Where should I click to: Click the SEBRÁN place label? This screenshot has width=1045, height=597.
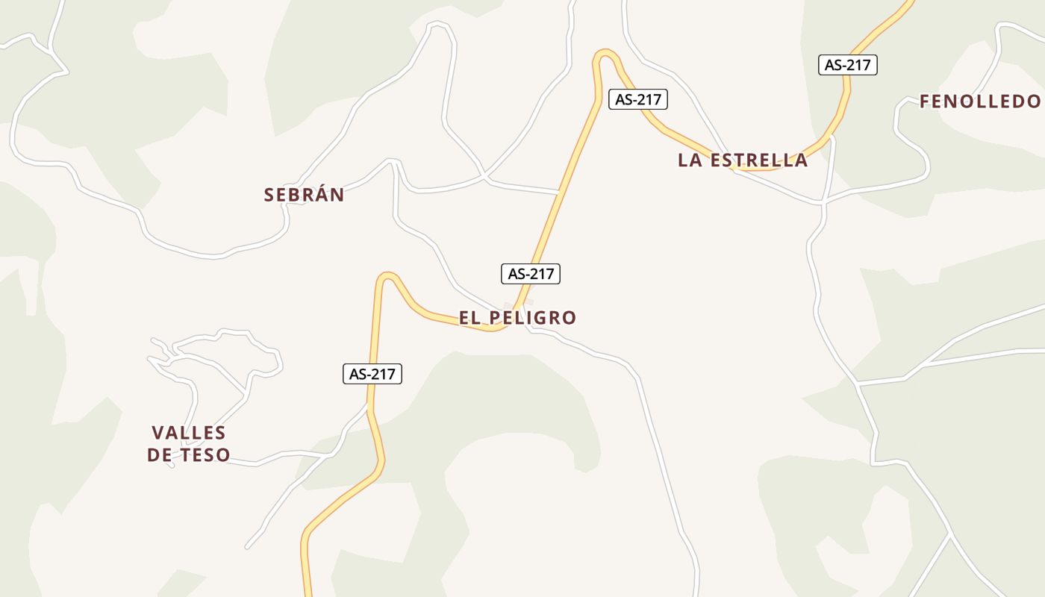pyautogui.click(x=304, y=195)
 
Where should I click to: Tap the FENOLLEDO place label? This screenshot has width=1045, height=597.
pyautogui.click(x=979, y=101)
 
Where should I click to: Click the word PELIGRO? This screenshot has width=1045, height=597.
pyautogui.click(x=533, y=318)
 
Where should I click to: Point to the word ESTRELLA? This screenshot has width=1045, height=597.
pyautogui.click(x=758, y=160)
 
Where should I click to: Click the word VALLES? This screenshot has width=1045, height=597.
pyautogui.click(x=188, y=433)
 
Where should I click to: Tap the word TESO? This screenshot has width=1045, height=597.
pyautogui.click(x=205, y=455)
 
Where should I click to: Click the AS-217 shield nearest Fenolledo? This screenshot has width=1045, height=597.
pyautogui.click(x=847, y=65)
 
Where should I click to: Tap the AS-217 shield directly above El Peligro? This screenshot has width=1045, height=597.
pyautogui.click(x=530, y=274)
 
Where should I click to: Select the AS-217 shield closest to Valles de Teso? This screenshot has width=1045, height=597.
pyautogui.click(x=372, y=374)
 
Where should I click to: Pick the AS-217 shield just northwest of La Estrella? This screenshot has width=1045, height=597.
pyautogui.click(x=637, y=99)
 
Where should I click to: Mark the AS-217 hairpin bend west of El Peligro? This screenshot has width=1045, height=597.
pyautogui.click(x=386, y=277)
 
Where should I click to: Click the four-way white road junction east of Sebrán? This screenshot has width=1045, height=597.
pyautogui.click(x=485, y=178)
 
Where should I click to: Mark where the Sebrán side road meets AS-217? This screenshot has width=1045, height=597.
pyautogui.click(x=558, y=193)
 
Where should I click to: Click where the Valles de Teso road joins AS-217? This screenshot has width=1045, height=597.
pyautogui.click(x=368, y=407)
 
